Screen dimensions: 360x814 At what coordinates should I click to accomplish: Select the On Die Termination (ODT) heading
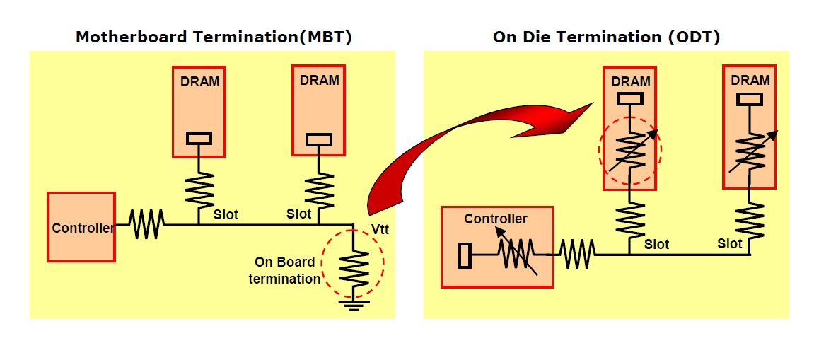(605, 37)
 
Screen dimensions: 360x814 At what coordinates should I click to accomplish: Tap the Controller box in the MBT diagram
(81, 227)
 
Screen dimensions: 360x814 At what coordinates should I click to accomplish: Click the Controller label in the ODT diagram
(496, 219)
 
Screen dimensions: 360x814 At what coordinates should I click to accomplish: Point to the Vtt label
(380, 230)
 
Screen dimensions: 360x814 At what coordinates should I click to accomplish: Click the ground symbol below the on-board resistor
(354, 304)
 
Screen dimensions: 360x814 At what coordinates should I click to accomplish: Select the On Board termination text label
(285, 271)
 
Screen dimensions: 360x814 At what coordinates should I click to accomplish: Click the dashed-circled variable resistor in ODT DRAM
(629, 149)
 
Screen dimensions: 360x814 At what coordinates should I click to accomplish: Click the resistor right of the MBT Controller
(146, 225)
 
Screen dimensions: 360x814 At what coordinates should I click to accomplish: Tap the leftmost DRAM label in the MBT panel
(199, 81)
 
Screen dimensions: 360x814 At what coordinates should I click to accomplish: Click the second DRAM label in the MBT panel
(320, 80)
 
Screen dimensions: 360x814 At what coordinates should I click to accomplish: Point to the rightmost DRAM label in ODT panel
(750, 80)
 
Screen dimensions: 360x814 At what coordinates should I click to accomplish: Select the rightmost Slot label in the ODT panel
(730, 243)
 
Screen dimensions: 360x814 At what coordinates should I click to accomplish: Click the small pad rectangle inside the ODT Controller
(464, 255)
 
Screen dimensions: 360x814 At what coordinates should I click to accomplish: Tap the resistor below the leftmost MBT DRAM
(199, 187)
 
